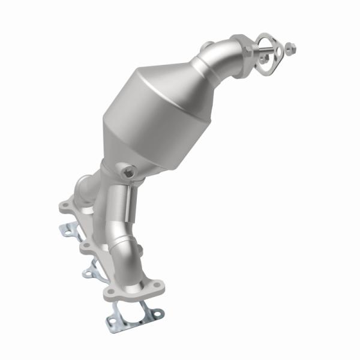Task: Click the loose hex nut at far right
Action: [290, 46]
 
